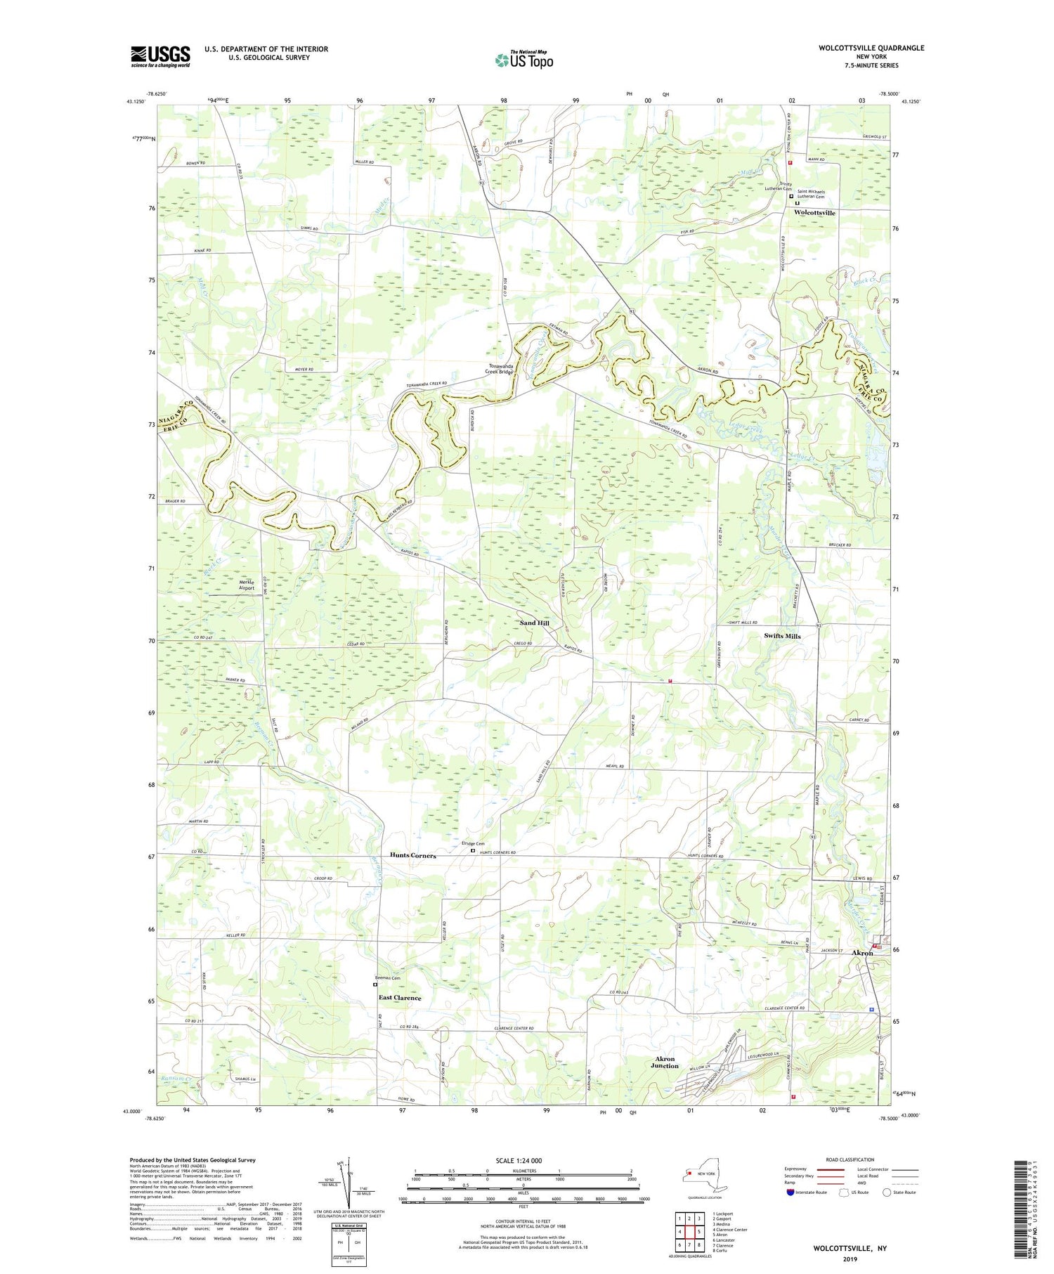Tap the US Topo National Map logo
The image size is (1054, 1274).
(523, 60)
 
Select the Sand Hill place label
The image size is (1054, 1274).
(534, 623)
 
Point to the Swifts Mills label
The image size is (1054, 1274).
(782, 636)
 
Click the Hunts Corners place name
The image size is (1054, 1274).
(413, 855)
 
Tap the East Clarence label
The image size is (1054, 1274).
(400, 998)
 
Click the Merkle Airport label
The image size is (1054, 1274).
(241, 585)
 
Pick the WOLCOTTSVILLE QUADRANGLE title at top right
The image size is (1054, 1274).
(861, 48)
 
